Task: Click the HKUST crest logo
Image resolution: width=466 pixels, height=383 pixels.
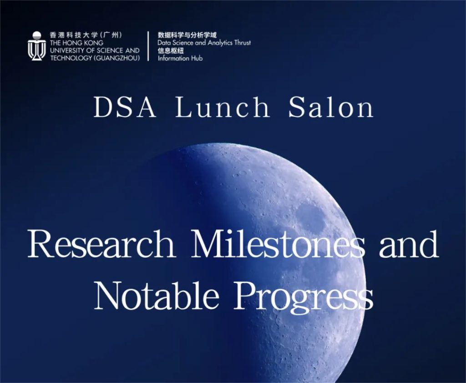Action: [37, 46]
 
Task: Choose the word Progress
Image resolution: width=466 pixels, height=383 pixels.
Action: [304, 297]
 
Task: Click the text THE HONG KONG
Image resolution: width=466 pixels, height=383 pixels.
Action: [76, 43]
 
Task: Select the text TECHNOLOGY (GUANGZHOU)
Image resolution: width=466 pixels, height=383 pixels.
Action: [95, 58]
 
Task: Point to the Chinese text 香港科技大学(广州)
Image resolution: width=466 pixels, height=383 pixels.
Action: [86, 35]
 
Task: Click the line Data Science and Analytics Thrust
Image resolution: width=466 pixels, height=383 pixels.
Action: [204, 43]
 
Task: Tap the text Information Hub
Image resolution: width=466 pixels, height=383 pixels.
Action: [180, 58]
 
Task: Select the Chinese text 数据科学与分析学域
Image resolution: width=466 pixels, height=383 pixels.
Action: [187, 35]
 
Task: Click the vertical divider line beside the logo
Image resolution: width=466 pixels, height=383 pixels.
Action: [148, 46]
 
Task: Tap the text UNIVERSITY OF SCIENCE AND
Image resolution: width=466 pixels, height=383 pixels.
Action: [95, 50]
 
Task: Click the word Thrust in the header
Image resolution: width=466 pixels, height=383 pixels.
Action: [243, 43]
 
